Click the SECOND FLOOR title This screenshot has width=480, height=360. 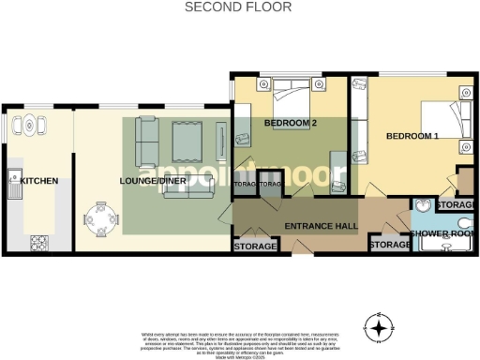tap(238, 7)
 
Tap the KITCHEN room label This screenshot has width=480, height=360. tap(39, 181)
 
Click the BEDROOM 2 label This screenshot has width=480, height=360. tap(291, 124)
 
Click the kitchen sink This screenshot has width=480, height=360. tap(15, 180)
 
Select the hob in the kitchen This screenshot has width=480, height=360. tap(39, 243)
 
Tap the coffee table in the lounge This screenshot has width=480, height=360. tap(182, 142)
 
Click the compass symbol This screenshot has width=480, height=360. tap(378, 328)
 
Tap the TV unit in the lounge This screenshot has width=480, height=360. tap(221, 141)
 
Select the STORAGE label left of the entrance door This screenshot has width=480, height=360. tap(255, 246)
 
